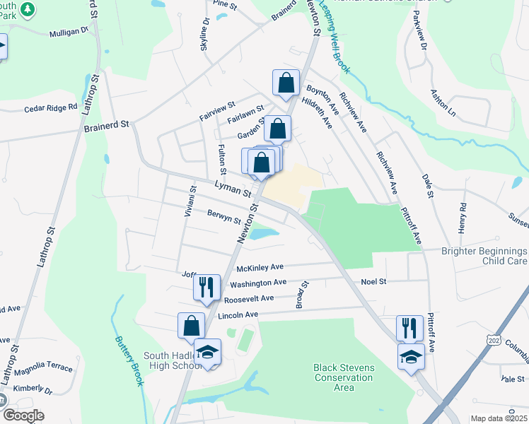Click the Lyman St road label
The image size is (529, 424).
pyautogui.click(x=233, y=189)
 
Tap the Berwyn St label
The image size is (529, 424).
pyautogui.click(x=224, y=217)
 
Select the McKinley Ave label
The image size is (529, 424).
pyautogui.click(x=260, y=267)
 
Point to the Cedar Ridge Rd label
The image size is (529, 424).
pyautogui.click(x=50, y=107)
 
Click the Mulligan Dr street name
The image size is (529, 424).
pyautogui.click(x=69, y=32)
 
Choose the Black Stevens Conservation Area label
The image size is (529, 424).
pyautogui.click(x=343, y=377)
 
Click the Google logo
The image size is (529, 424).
pyautogui.click(x=23, y=416)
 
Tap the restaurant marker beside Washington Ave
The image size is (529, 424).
pyautogui.click(x=205, y=287)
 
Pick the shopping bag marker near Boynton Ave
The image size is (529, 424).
pyautogui.click(x=285, y=83)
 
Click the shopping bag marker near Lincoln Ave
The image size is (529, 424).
pyautogui.click(x=192, y=326)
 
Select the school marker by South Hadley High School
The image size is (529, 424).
pyautogui.click(x=207, y=352)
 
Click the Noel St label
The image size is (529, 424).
pyautogui.click(x=373, y=281)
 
